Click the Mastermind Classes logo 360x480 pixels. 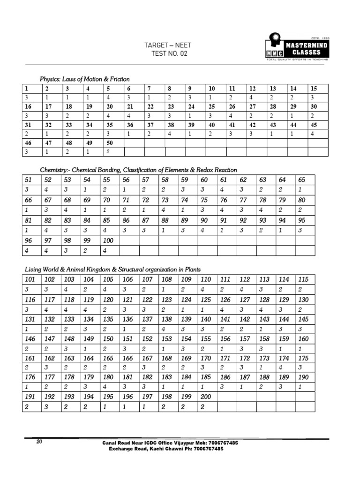[x=295, y=47]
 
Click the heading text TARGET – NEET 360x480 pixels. [x=167, y=45]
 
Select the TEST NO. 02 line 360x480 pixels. [x=167, y=54]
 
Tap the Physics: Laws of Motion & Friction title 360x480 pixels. [x=84, y=79]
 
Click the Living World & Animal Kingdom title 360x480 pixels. [x=112, y=270]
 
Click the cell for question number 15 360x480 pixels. [x=314, y=89]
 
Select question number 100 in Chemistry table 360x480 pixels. [x=110, y=240]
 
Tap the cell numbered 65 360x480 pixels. [x=301, y=180]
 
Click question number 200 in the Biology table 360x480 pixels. [x=206, y=397]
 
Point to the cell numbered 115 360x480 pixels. [x=303, y=279]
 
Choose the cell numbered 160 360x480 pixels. [x=303, y=339]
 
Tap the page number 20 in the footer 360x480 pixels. [x=40, y=442]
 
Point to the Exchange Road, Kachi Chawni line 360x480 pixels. [x=166, y=449]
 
